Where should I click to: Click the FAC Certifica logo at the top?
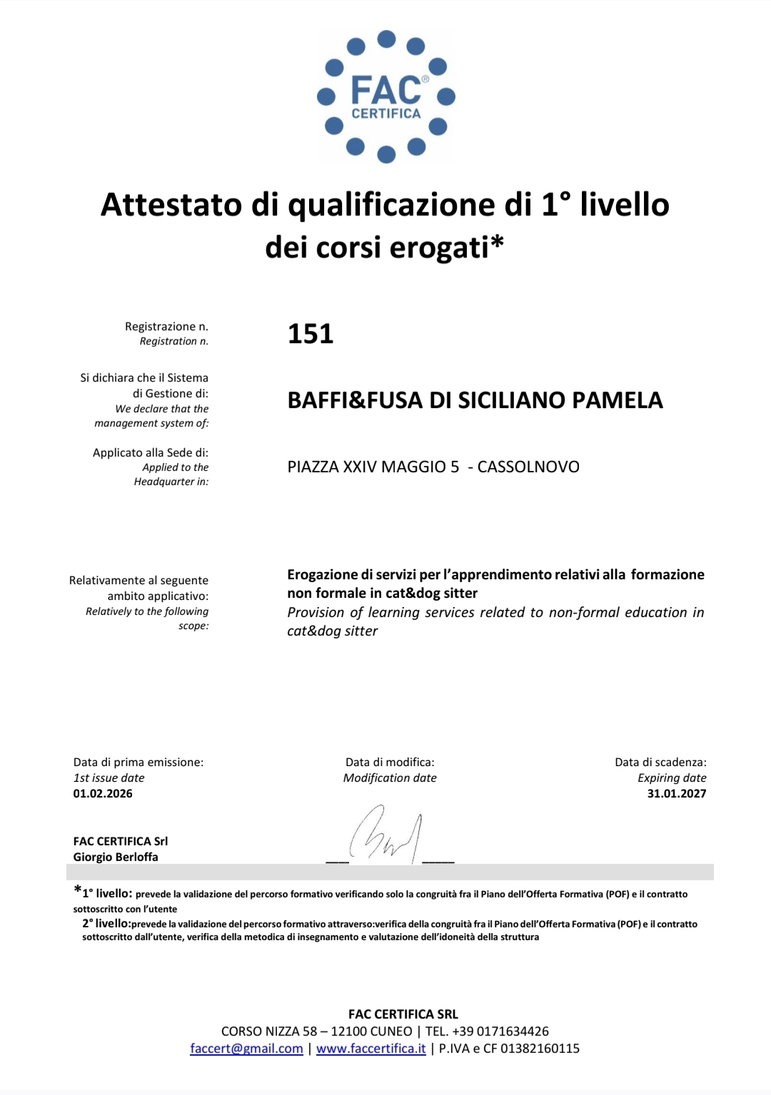point(386,96)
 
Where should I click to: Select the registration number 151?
point(311,334)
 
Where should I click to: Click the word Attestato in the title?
point(171,205)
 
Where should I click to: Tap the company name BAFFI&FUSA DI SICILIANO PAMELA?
point(475,400)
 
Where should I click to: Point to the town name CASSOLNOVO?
point(528,467)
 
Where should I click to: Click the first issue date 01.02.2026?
point(103,793)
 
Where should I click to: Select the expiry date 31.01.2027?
point(677,793)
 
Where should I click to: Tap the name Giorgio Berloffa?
point(116,857)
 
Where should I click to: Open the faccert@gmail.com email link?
point(246,1049)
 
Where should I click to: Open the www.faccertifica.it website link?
point(371,1049)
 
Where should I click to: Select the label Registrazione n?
point(166,326)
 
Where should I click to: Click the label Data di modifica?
point(390,762)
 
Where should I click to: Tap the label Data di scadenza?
point(660,762)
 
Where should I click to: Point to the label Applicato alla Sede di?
point(151,452)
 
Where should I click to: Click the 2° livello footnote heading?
point(106,924)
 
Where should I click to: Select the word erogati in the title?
point(440,248)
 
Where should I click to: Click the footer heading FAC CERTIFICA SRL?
point(403,1014)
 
